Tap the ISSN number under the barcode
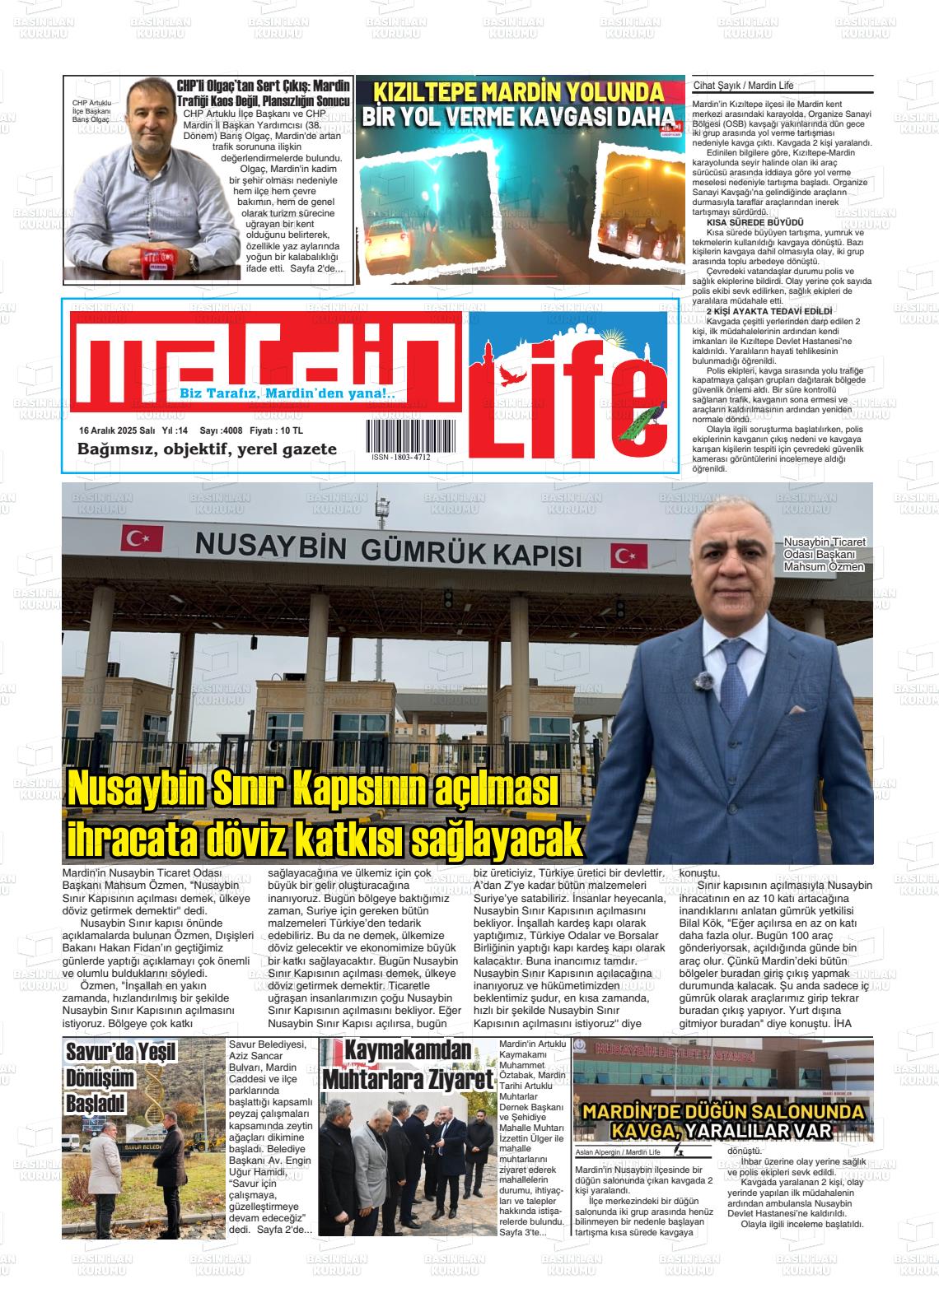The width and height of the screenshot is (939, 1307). pos(401,457)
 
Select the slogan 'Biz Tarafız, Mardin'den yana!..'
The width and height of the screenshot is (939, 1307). pos(287,394)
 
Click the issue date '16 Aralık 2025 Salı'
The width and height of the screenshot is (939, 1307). pos(117,430)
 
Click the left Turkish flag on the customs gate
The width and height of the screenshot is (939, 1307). pos(132,539)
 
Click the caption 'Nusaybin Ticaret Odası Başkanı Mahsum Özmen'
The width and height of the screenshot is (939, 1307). pos(824,555)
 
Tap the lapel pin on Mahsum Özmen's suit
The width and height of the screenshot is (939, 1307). pos(704,679)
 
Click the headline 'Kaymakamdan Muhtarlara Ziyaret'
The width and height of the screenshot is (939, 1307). pos(408,1065)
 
